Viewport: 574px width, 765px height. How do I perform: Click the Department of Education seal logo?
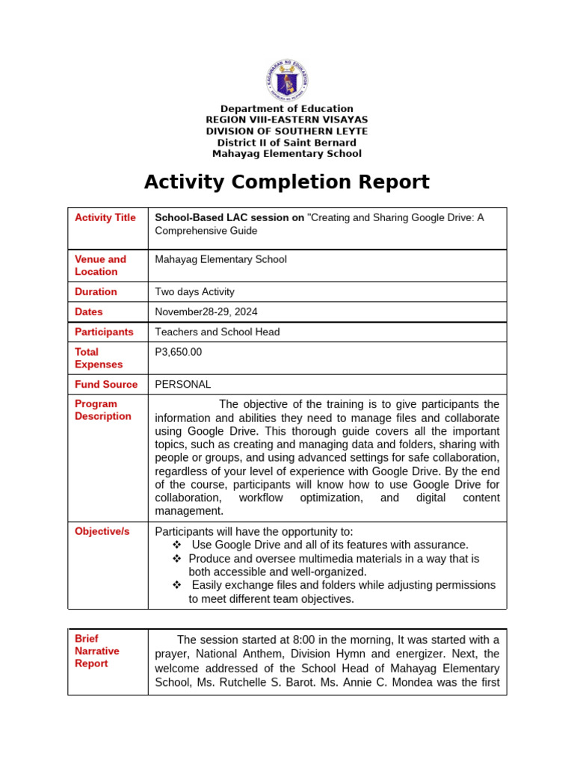click(x=286, y=80)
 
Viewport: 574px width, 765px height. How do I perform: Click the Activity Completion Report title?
click(x=286, y=182)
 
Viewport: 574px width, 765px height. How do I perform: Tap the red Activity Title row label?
click(x=105, y=217)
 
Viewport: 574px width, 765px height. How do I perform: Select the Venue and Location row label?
click(x=100, y=265)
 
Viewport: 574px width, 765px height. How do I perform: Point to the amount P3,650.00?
click(x=178, y=352)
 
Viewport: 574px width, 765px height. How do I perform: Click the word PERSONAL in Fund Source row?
click(x=182, y=385)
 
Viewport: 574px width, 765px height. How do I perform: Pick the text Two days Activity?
click(x=194, y=292)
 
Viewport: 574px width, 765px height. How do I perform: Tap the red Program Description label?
click(x=103, y=410)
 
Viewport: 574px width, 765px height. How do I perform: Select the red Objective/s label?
click(x=102, y=531)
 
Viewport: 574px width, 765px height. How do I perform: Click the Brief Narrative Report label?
click(x=97, y=651)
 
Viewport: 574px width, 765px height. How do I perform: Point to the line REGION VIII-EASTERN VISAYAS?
click(x=286, y=120)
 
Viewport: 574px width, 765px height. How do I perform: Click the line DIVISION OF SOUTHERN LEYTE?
click(x=286, y=131)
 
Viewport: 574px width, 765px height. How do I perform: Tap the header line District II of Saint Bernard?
click(x=286, y=143)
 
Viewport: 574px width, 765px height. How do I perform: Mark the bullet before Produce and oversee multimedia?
click(x=177, y=559)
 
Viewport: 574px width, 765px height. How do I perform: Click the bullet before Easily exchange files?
click(x=177, y=585)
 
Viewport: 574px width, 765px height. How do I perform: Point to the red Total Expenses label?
click(x=99, y=358)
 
